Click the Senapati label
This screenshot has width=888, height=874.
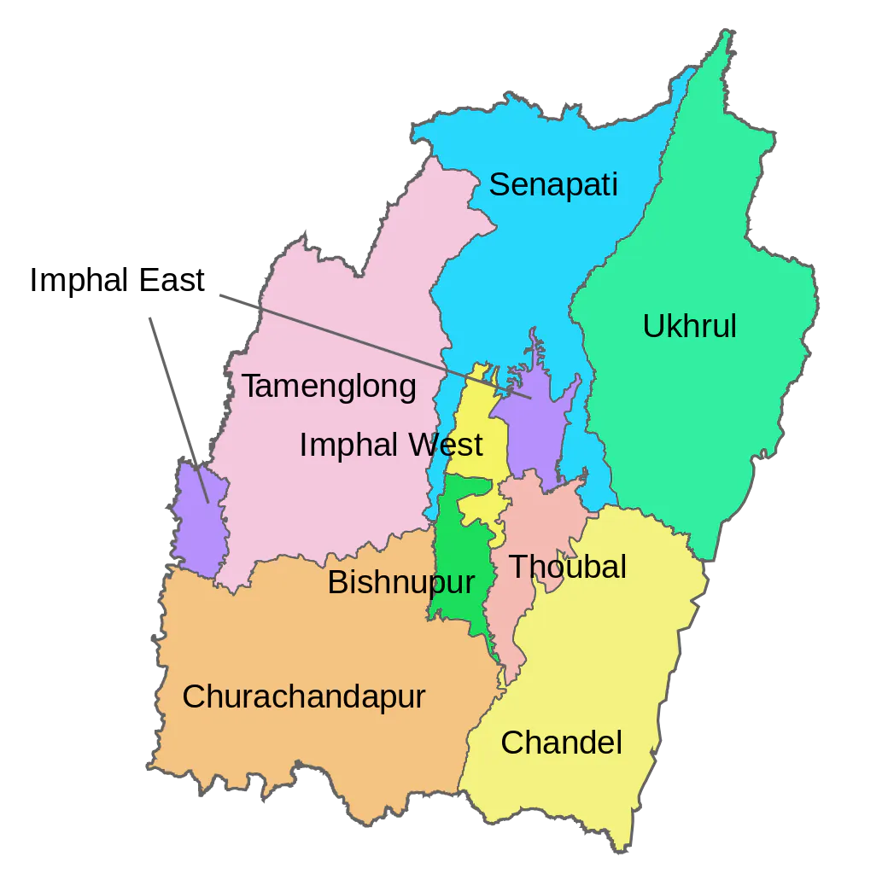coord(552,184)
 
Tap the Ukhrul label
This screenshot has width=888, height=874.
coord(689,326)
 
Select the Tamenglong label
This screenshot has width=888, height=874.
coord(329,387)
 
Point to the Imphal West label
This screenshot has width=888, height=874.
coord(391,445)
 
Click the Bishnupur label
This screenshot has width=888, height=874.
coord(400,583)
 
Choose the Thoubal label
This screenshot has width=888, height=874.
coord(567,566)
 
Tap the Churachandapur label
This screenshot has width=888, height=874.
coord(304,696)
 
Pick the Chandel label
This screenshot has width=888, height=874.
coord(561,743)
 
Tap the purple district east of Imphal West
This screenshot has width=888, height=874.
coord(534,427)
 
